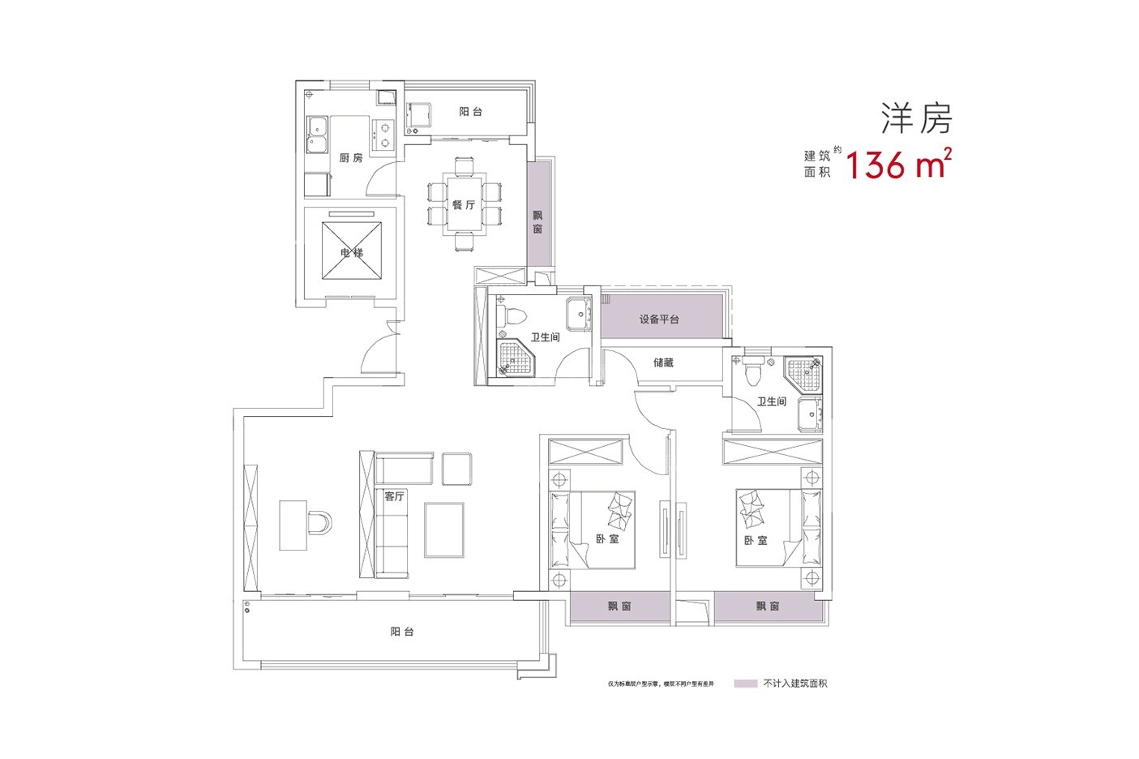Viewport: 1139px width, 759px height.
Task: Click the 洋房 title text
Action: (x=916, y=119)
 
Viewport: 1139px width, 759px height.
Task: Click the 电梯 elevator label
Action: (x=351, y=253)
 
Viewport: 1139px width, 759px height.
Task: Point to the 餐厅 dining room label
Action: (x=463, y=205)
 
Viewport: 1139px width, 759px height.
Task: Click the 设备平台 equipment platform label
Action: (x=659, y=319)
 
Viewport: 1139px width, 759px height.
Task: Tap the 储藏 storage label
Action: (x=663, y=362)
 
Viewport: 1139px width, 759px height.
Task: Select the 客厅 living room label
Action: (x=394, y=496)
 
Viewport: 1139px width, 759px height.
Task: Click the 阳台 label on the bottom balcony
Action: (x=401, y=632)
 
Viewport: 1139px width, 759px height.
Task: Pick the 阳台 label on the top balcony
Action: (x=470, y=112)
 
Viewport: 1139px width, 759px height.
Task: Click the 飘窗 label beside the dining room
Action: (x=538, y=222)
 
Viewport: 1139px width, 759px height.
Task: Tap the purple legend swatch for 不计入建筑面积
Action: (x=745, y=684)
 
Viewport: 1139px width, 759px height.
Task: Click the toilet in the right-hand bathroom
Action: (x=755, y=372)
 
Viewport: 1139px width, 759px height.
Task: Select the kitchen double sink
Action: (x=316, y=135)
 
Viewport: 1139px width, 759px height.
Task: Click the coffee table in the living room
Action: (x=443, y=529)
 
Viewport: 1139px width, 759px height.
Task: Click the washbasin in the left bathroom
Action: (x=579, y=313)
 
